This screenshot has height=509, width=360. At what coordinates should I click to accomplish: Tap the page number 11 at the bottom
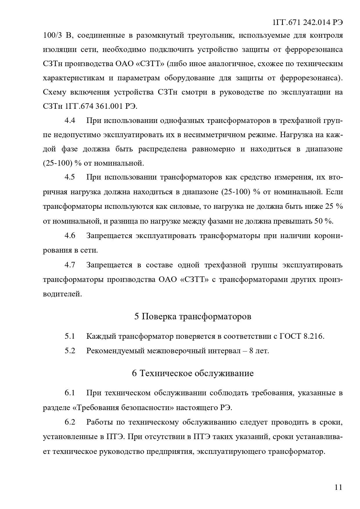coord(338,487)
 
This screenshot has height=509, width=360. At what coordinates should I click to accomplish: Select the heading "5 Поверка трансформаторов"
coord(193,316)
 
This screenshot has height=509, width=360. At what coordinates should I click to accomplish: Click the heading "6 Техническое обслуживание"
coord(193,373)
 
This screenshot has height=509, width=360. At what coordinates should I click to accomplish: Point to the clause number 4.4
coord(70,121)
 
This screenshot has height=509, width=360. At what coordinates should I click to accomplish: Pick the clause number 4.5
coord(70,177)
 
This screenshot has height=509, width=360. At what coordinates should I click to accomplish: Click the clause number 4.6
coord(70,236)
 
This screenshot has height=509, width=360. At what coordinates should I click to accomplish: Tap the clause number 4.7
coord(70,265)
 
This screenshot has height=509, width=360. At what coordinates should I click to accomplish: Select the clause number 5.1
coord(70,336)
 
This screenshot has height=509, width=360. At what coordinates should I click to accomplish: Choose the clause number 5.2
coord(70,351)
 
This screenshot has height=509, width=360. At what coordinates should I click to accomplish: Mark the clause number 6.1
coord(70,393)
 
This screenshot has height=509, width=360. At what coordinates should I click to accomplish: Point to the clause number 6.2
coord(70,422)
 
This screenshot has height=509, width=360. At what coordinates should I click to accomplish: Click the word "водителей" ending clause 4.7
coord(62,294)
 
